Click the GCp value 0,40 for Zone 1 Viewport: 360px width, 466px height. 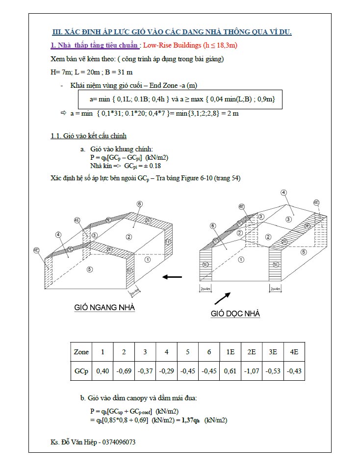(x=102, y=371)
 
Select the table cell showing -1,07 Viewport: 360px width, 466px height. (x=251, y=371)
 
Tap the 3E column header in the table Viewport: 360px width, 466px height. (x=273, y=352)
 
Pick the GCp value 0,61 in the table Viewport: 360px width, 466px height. (x=230, y=371)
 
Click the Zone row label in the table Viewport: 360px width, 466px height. (x=81, y=352)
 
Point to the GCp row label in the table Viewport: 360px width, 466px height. (x=81, y=371)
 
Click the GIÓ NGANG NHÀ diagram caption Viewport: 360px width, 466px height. (x=104, y=307)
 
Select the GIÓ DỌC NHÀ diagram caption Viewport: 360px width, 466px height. (x=235, y=314)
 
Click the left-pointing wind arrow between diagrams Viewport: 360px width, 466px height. (x=172, y=277)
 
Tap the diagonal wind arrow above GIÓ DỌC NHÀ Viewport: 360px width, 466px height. (x=222, y=297)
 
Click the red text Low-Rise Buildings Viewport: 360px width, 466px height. (x=172, y=46)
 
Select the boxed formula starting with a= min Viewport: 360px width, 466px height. (x=182, y=99)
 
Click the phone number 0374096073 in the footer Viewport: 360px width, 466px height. (x=118, y=442)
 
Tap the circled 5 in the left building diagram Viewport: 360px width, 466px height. (x=89, y=269)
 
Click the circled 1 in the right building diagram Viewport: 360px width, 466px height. (x=241, y=260)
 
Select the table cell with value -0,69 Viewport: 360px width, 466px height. (x=124, y=371)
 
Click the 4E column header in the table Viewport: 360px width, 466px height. (x=294, y=352)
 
